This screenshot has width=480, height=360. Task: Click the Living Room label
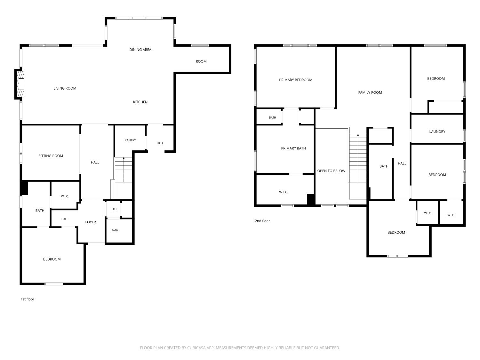pyautogui.click(x=65, y=88)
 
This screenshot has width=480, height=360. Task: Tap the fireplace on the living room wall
pyautogui.click(x=20, y=84)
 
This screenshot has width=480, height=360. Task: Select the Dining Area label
pyautogui.click(x=140, y=50)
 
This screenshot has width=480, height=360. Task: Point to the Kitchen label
pyautogui.click(x=140, y=102)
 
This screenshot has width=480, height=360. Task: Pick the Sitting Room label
pyautogui.click(x=51, y=156)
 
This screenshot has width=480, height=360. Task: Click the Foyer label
pyautogui.click(x=91, y=222)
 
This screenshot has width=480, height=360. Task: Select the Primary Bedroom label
pyautogui.click(x=295, y=80)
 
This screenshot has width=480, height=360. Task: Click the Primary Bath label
pyautogui.click(x=293, y=148)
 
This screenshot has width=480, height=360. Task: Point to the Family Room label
pyautogui.click(x=370, y=93)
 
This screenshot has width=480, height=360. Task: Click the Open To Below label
pyautogui.click(x=331, y=171)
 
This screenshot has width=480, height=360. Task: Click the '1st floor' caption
pyautogui.click(x=27, y=299)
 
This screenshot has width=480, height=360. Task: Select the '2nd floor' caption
pyautogui.click(x=262, y=221)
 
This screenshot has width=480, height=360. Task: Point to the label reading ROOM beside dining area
pyautogui.click(x=201, y=61)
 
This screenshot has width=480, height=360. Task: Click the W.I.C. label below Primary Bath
pyautogui.click(x=284, y=192)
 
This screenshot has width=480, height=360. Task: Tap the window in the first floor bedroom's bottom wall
pyautogui.click(x=53, y=284)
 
